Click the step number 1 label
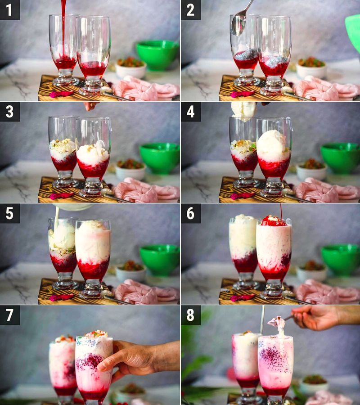9,10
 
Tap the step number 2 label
190,10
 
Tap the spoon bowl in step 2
238,25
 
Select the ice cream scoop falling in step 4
243,109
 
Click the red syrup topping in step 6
273,221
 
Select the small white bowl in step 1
130,68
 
